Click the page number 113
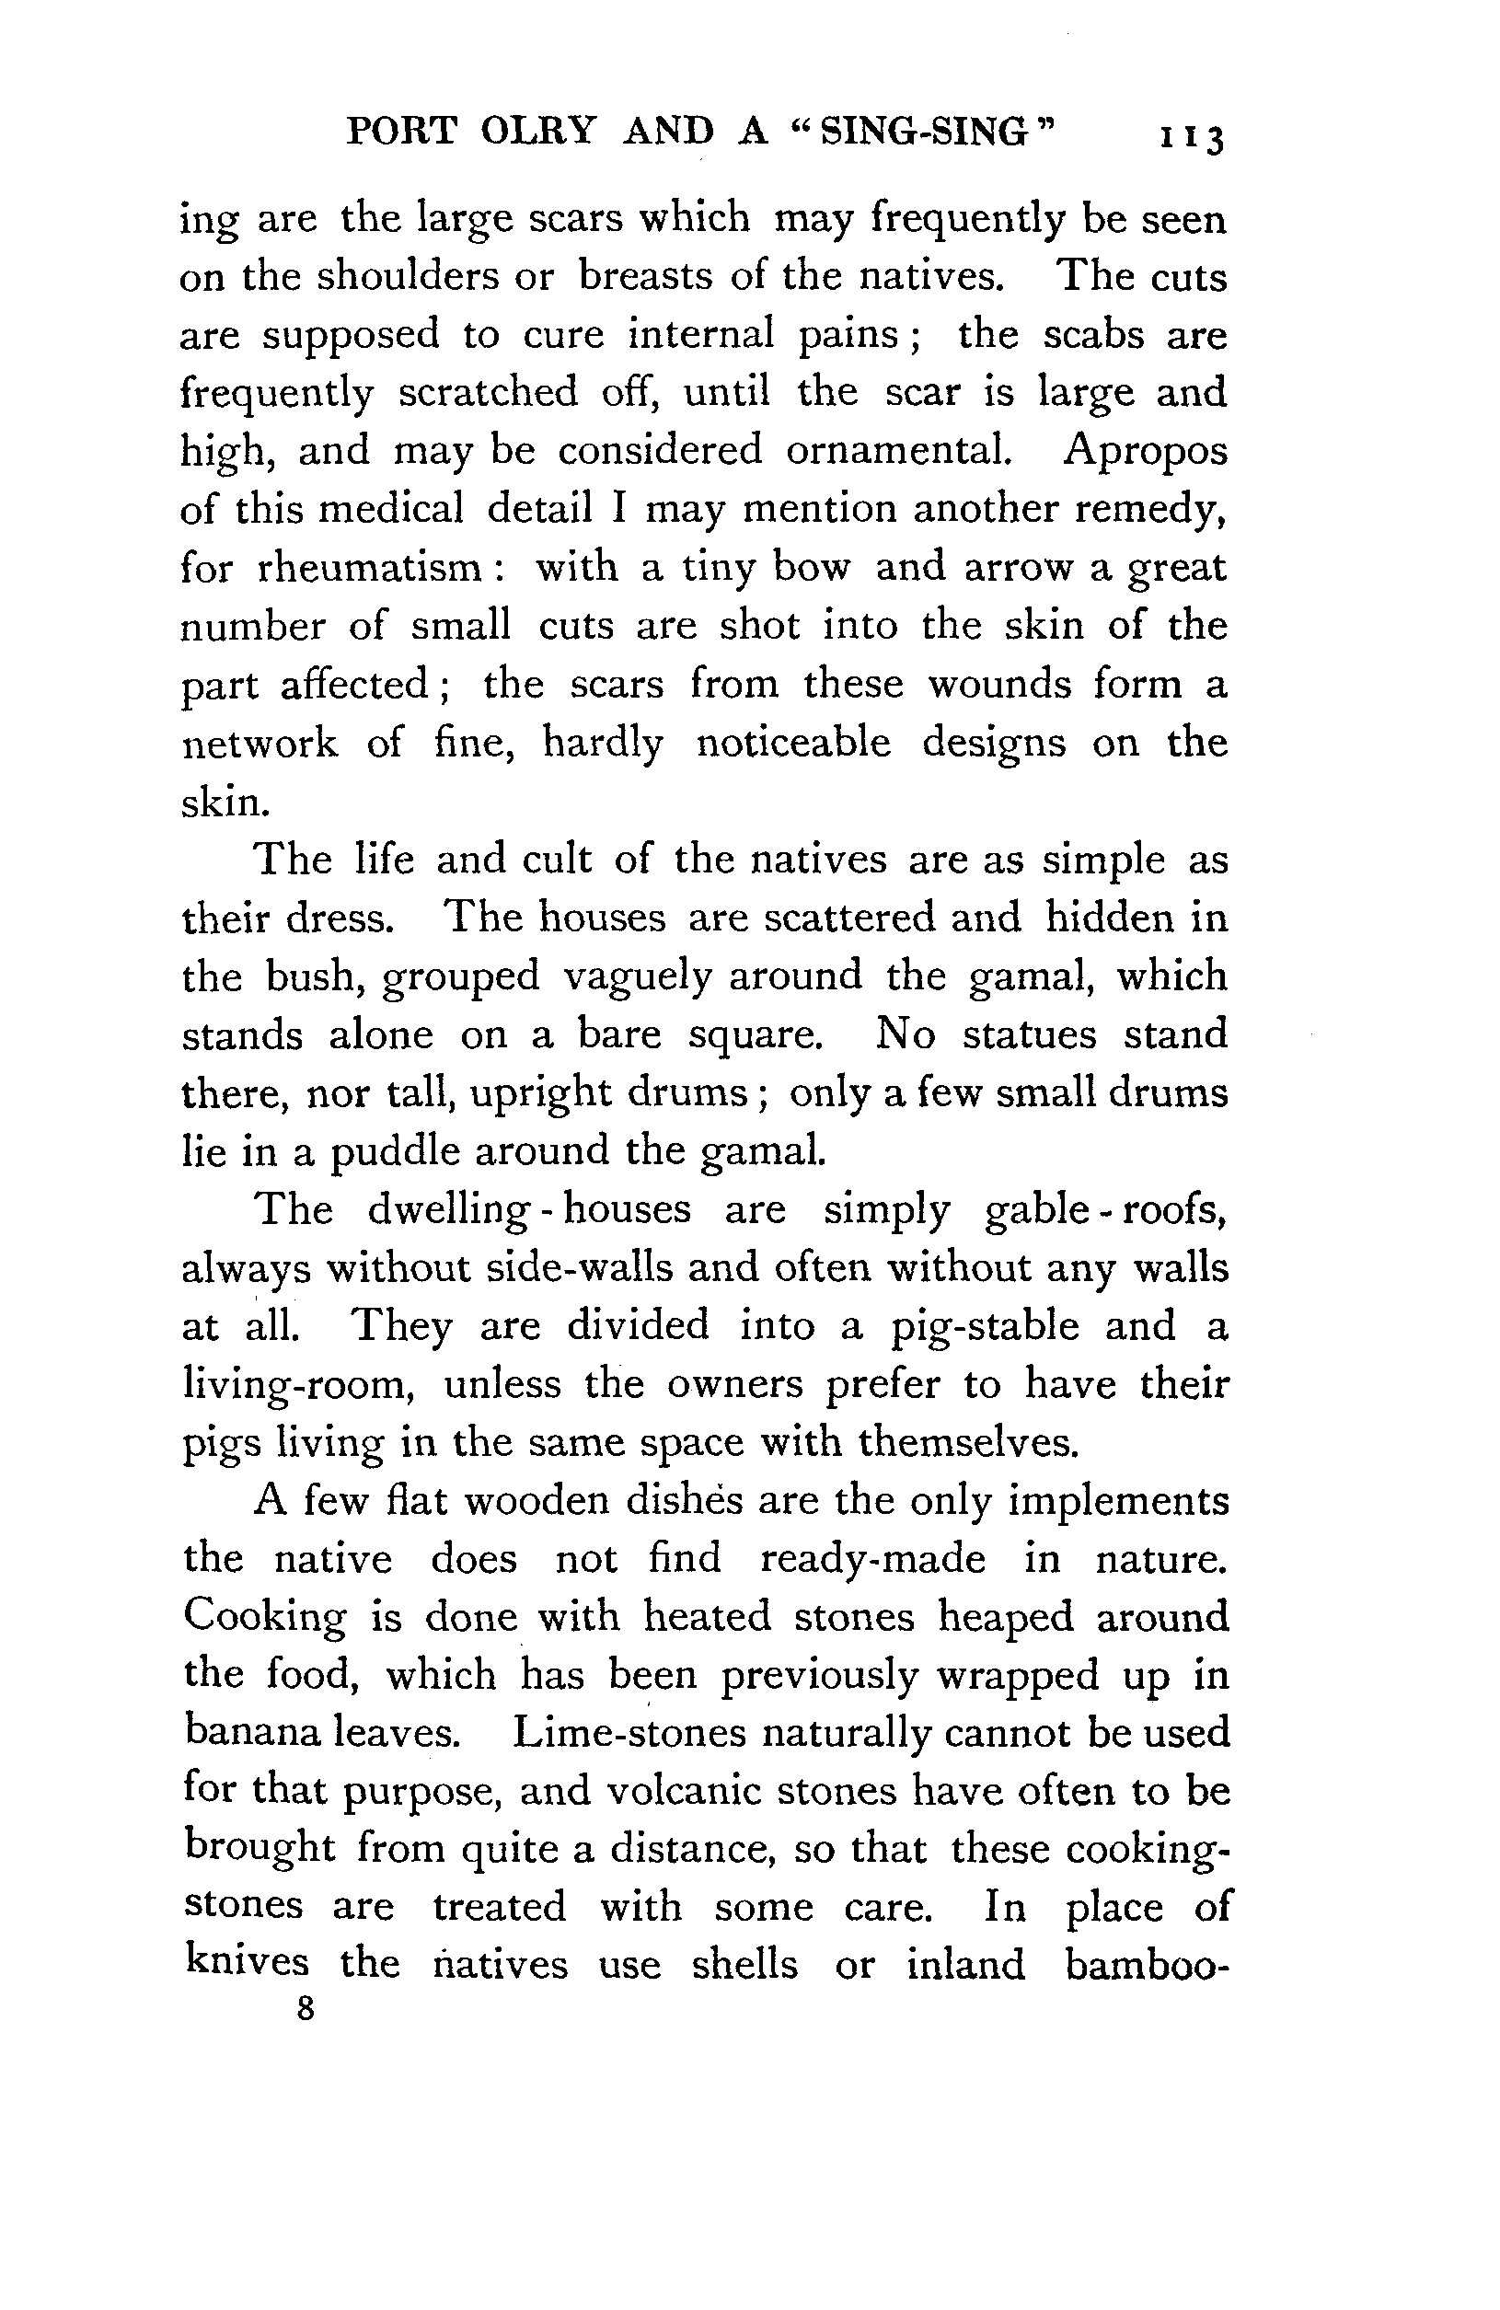(x=1191, y=137)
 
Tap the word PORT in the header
(x=400, y=131)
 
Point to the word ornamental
(x=897, y=450)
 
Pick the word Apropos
(x=1145, y=452)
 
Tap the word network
(x=260, y=744)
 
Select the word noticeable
(x=792, y=744)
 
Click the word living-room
(x=299, y=1386)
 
